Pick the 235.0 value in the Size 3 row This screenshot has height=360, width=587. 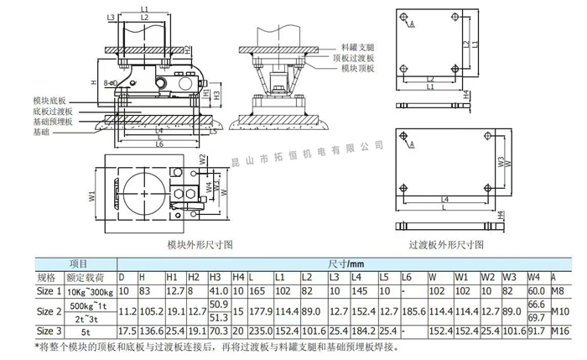(x=260, y=331)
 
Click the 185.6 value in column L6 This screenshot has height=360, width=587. (x=412, y=311)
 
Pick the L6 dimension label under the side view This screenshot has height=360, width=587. (x=159, y=144)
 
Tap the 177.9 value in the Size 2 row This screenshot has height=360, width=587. (x=260, y=311)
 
